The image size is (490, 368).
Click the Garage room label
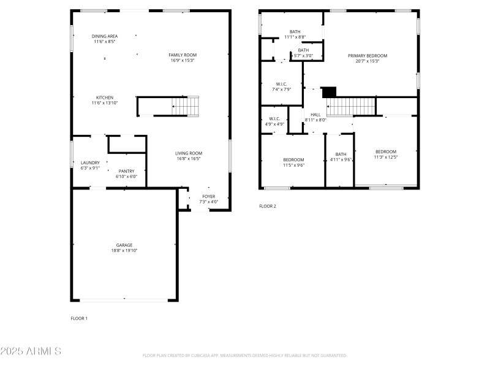(124, 245)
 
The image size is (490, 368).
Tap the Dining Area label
(105, 36)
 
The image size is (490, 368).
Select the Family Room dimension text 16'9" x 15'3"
(183, 61)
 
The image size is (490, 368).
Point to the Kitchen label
(105, 98)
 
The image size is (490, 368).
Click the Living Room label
(189, 153)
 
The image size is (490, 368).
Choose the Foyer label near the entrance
(209, 196)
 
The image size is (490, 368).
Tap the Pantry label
(126, 171)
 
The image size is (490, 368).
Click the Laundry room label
(90, 163)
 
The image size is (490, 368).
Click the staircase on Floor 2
(350, 106)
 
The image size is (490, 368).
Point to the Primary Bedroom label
(367, 55)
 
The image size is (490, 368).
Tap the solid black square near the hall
(330, 91)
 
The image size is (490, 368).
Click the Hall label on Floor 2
(315, 114)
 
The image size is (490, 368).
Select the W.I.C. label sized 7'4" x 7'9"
(282, 83)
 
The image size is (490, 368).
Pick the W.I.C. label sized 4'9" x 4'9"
(274, 118)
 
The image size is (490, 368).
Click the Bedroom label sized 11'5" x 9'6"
(293, 159)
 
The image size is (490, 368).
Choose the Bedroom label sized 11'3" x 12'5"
(386, 151)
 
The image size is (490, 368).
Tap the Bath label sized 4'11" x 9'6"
(341, 154)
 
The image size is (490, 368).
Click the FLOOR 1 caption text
(79, 318)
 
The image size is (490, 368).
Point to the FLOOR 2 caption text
(268, 206)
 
